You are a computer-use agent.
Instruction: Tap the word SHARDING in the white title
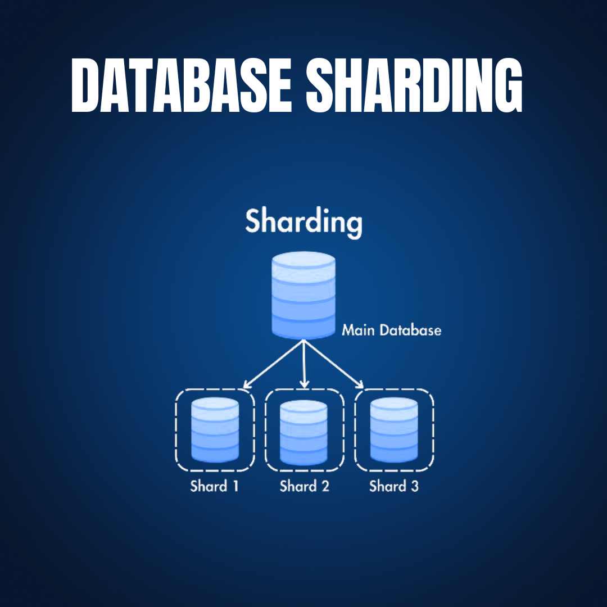click(x=414, y=85)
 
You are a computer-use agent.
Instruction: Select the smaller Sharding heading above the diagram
click(x=303, y=221)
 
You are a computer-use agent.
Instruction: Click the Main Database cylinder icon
click(x=303, y=295)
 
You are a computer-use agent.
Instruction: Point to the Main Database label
click(x=392, y=330)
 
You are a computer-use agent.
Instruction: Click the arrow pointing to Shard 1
click(x=272, y=365)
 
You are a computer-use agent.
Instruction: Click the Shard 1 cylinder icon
click(x=215, y=430)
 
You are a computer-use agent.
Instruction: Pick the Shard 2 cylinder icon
click(x=303, y=433)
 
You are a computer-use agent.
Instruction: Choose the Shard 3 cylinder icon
click(x=393, y=430)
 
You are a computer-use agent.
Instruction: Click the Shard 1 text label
click(x=214, y=486)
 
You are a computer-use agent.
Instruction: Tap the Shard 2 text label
click(x=304, y=486)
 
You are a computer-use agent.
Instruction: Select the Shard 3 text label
click(x=393, y=486)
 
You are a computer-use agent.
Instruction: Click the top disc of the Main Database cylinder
click(x=303, y=261)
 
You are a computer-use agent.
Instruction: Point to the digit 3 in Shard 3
click(x=414, y=486)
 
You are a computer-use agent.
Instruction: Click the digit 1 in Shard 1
click(x=235, y=486)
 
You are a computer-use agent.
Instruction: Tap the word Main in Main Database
click(x=358, y=330)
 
